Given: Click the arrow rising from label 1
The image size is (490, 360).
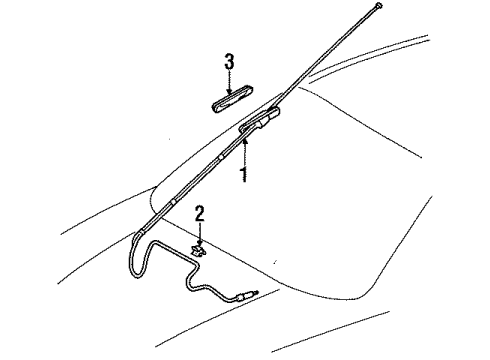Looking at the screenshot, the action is (x=243, y=150).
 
